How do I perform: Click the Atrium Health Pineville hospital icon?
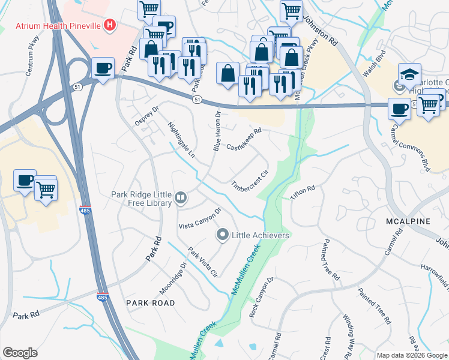[109, 25]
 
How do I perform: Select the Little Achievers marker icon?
[223, 235]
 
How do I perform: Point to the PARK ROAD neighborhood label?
[151, 303]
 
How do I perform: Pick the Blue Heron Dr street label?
[217, 131]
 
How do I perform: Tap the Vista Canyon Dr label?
[200, 219]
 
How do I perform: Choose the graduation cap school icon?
[409, 74]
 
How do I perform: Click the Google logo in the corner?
[20, 352]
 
